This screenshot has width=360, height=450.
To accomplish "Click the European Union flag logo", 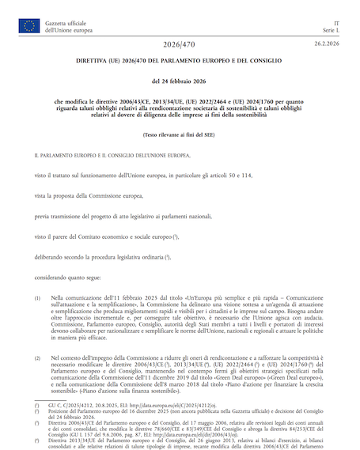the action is pos(29,26).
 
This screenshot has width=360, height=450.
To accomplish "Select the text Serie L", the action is pos(332,31).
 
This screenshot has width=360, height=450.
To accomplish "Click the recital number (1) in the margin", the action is pos(37,298).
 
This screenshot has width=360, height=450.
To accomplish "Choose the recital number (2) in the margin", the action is pos(37,357).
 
